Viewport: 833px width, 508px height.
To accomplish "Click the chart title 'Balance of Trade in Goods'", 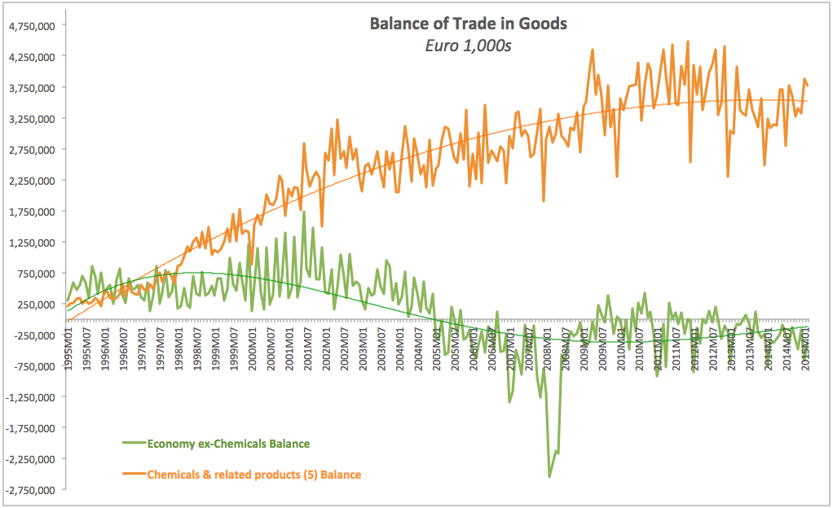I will point(469,24).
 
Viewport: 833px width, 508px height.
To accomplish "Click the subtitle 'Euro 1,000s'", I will point(469,46).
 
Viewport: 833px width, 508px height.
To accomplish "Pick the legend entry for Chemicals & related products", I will point(253,474).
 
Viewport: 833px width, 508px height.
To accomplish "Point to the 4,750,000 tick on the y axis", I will point(31,25).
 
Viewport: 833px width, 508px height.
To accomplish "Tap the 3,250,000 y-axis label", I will point(31,119).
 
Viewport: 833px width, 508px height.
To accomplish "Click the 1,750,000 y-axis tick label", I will point(31,212).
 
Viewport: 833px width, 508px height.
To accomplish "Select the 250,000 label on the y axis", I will point(34,304).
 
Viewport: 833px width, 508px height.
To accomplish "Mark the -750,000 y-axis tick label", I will point(33,366).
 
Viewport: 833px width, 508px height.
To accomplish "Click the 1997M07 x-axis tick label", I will point(161,345).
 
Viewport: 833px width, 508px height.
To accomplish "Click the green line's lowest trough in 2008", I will point(549,476).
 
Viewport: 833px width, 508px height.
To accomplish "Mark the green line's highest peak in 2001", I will point(304,212).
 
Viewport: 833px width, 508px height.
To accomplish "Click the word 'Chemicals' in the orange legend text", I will point(172,474).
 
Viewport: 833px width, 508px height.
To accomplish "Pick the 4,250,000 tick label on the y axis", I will point(31,57).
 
